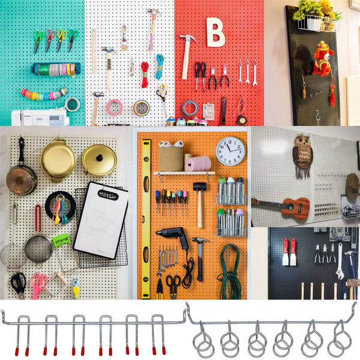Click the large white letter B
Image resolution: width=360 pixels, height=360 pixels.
coord(215,32)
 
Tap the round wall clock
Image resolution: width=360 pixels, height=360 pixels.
coord(230,151)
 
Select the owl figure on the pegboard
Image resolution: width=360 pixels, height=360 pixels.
coord(302,155)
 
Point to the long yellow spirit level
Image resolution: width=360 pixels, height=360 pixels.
coord(146,218)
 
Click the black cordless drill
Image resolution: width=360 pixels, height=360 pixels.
coord(174,236)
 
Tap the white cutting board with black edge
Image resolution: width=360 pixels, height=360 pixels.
coord(100,220)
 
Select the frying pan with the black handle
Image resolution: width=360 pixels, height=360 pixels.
coord(21,176)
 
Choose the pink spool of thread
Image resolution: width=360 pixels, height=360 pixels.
coord(198,164)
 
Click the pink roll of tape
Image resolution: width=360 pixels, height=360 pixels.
coord(114,107)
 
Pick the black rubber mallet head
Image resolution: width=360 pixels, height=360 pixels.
coord(199,187)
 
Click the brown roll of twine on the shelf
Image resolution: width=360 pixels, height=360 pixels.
coord(171,158)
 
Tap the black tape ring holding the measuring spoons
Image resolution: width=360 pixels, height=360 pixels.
coord(60,206)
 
